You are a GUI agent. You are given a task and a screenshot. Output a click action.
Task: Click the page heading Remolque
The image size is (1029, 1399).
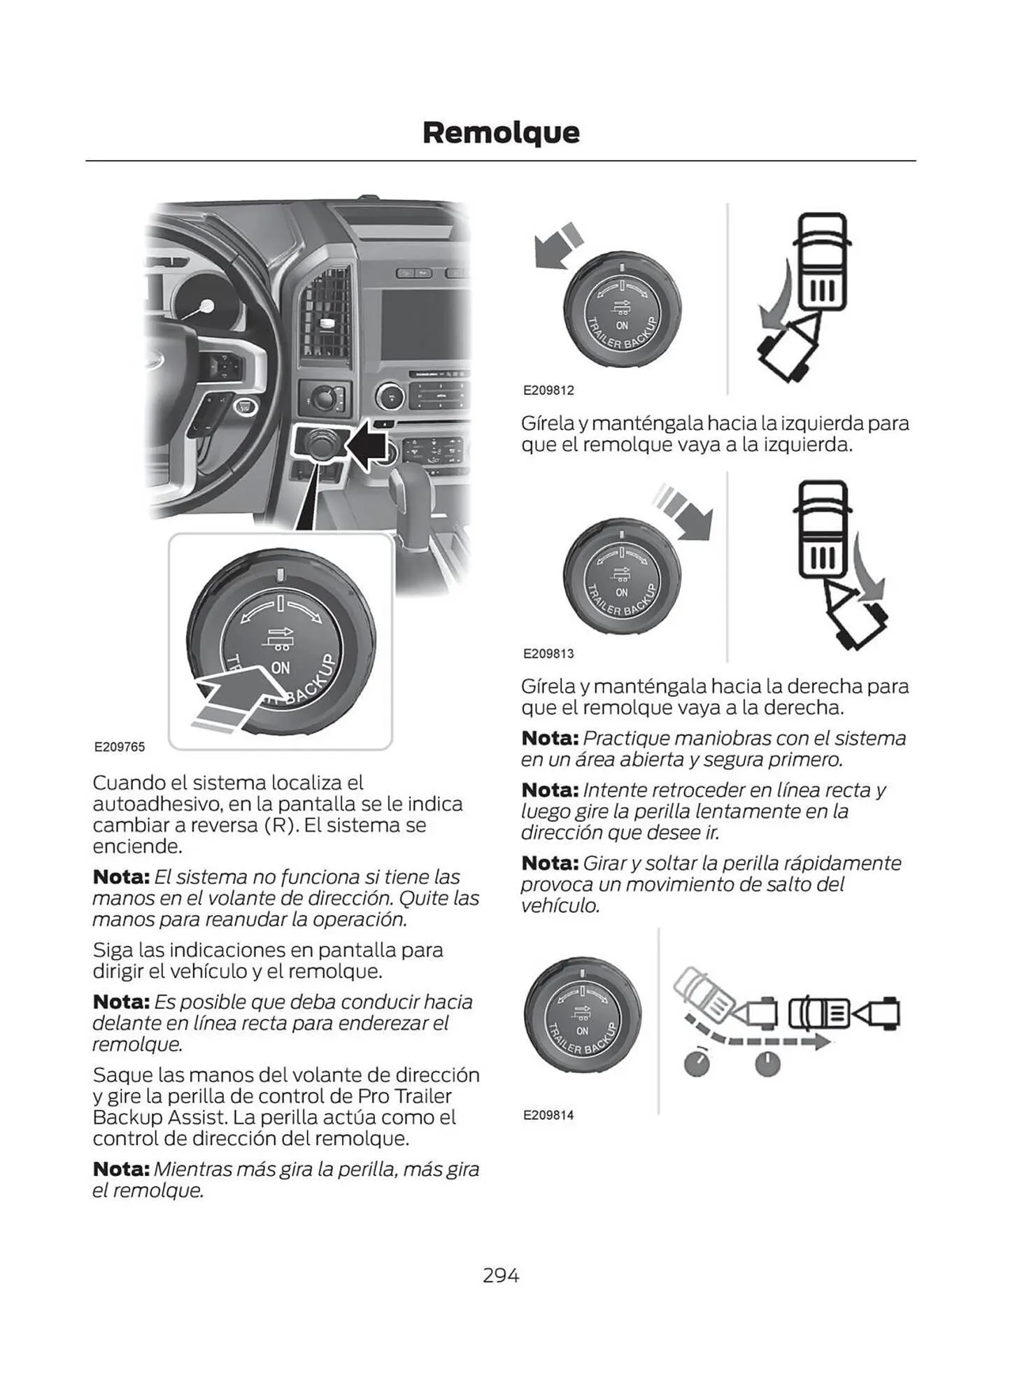[x=501, y=132]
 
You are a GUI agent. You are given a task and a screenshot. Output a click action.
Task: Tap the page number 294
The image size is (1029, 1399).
[x=501, y=1275]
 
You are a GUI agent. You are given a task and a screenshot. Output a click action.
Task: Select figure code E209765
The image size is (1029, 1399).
[x=120, y=747]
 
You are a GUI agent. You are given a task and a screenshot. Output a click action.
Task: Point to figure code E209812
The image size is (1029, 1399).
[x=548, y=390]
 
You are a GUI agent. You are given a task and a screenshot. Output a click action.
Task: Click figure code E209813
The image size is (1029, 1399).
[x=548, y=653]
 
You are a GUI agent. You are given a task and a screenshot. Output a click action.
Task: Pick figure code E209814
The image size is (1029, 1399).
[x=548, y=1115]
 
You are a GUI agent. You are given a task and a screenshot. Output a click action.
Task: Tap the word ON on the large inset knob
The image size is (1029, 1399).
[x=281, y=668]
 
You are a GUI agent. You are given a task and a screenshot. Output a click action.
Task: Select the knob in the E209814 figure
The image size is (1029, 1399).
[x=582, y=1016]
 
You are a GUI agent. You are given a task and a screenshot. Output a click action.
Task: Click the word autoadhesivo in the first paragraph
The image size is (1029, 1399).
[x=157, y=804]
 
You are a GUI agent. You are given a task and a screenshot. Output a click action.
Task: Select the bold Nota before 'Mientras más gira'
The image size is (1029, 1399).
[x=121, y=1169]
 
